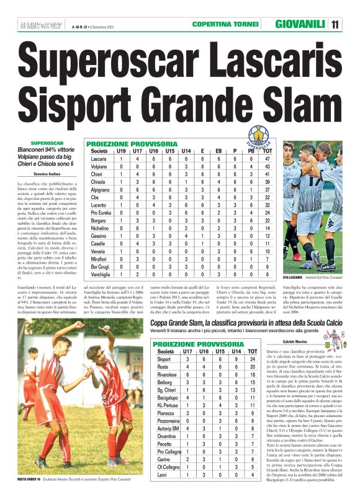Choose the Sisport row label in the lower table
coord(164,359)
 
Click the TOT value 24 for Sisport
coord(252,359)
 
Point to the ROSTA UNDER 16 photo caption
coord(29,480)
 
